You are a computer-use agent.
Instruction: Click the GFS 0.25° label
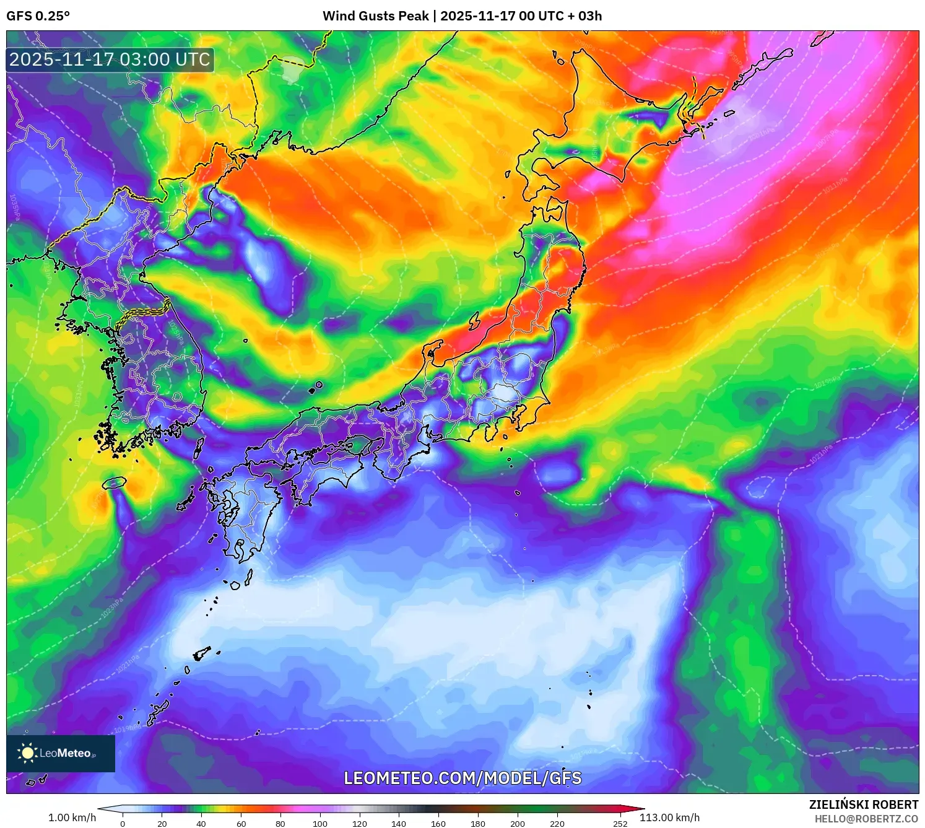(38, 16)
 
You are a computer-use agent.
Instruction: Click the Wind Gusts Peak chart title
(462, 16)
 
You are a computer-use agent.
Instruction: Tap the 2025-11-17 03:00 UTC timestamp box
(110, 60)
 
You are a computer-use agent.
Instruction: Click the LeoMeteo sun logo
(27, 753)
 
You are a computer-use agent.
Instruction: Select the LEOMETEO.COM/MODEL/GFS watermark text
(463, 778)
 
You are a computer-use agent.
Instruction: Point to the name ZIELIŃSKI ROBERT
(863, 804)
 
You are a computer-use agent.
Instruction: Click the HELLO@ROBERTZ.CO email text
(866, 819)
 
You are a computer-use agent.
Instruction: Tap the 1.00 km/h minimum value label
(72, 817)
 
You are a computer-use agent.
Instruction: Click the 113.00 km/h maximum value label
(669, 817)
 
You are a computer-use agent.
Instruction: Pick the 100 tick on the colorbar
(319, 823)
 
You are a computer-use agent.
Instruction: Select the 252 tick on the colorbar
(620, 823)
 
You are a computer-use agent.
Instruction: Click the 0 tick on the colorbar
(123, 823)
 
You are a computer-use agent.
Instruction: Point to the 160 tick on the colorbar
(438, 823)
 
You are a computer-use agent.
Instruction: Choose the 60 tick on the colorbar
(241, 823)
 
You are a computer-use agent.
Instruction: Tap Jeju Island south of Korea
(115, 482)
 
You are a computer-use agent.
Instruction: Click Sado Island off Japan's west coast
(475, 321)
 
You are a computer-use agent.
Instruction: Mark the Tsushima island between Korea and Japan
(199, 448)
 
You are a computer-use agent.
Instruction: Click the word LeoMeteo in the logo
(65, 753)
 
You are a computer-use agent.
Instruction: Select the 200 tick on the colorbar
(518, 823)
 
